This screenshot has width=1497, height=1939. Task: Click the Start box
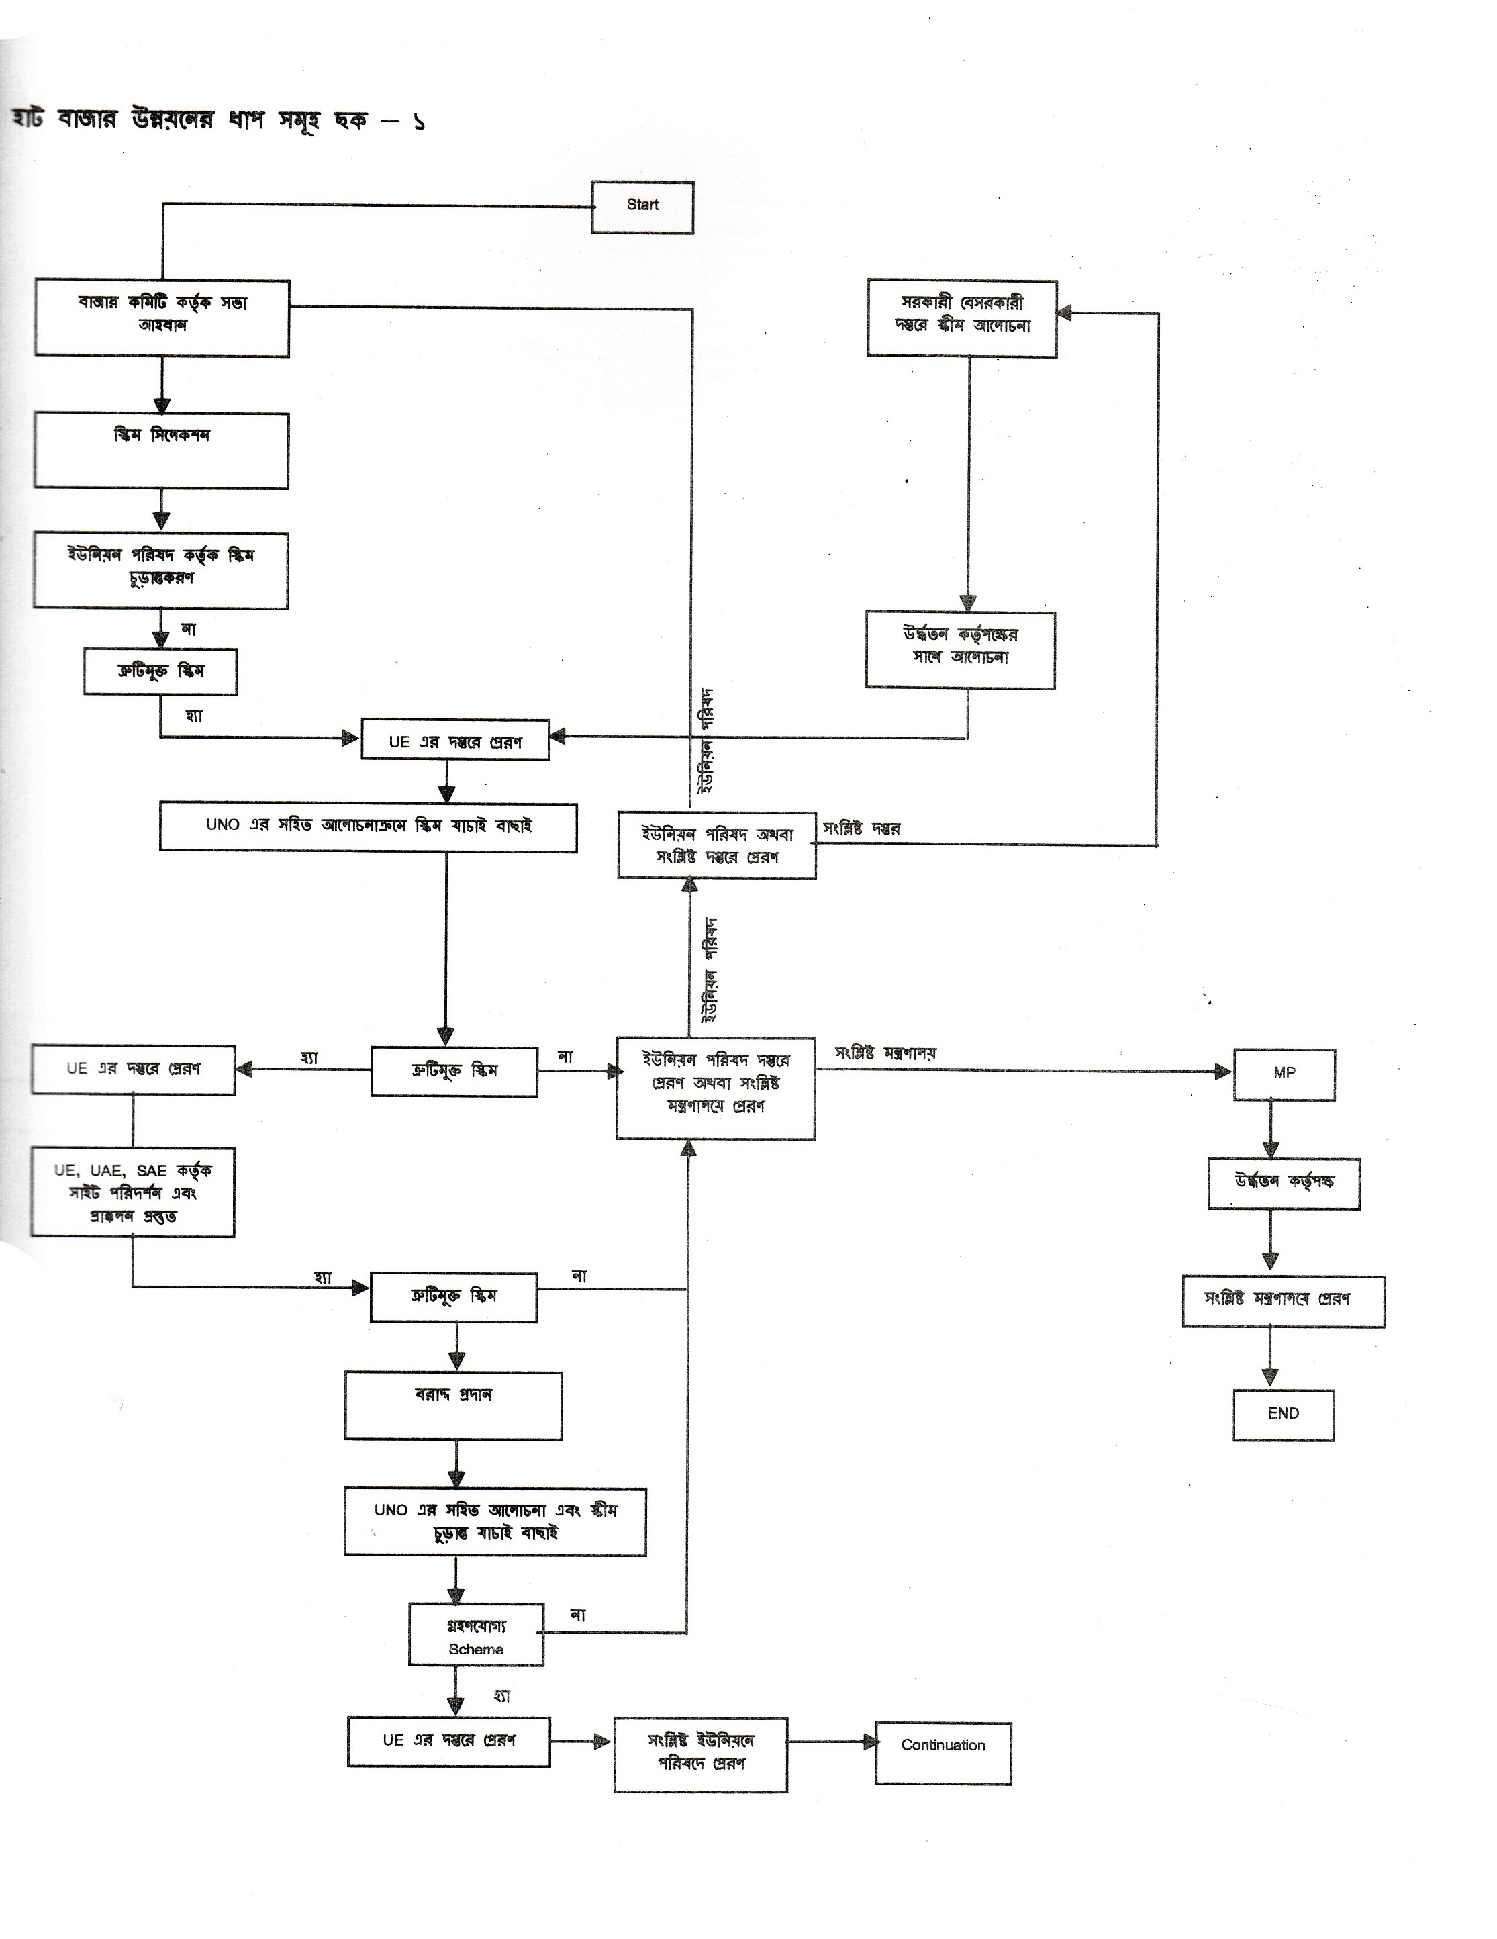tap(642, 207)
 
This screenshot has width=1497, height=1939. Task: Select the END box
tap(1283, 1414)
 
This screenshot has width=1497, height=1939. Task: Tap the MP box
tap(1284, 1074)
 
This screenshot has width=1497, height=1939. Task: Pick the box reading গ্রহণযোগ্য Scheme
tap(476, 1634)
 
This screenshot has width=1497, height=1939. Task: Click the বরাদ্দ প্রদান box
tap(453, 1405)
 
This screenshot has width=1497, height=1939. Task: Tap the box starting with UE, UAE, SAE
tap(133, 1192)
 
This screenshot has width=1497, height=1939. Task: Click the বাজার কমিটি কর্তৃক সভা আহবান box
tap(162, 318)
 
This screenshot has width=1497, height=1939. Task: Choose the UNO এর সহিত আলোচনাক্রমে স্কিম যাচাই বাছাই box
tap(369, 826)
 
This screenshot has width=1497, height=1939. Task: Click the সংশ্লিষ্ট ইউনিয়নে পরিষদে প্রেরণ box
tap(701, 1754)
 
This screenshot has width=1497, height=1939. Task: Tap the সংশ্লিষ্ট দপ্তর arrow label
tap(861, 829)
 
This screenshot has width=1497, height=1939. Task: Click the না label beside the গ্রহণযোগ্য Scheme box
tap(578, 1615)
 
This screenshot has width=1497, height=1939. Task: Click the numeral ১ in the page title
tap(418, 122)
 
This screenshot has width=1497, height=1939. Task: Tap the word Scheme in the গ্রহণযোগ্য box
tap(476, 1649)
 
